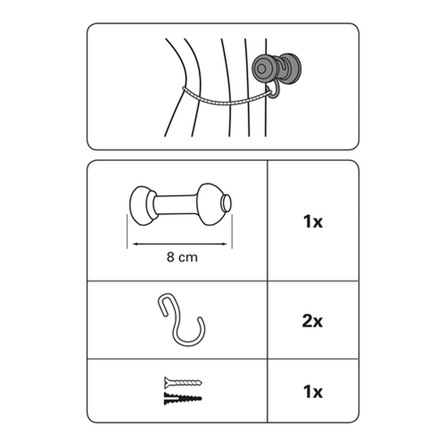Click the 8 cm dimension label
coord(182,257)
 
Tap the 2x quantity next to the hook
coord(313,321)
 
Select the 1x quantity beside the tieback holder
coord(313,222)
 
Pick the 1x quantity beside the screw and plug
coord(313,392)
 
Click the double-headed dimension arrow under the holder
coord(180,244)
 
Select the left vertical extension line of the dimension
coord(127,232)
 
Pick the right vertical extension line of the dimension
coord(232,232)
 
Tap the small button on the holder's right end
coord(226,203)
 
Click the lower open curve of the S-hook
coord(190,336)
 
